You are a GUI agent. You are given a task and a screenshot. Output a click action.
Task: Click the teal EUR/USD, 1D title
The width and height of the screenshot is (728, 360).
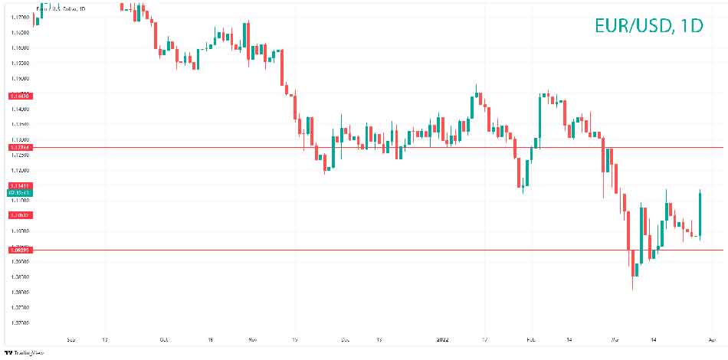tap(648, 25)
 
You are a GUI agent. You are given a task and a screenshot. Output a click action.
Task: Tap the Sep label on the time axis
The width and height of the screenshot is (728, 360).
tap(71, 338)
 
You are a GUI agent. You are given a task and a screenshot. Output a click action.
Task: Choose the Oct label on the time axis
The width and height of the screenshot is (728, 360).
tap(163, 338)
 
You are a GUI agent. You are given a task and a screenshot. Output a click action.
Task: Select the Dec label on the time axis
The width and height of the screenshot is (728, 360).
tap(344, 338)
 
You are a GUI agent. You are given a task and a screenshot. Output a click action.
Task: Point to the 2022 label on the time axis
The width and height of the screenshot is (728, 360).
tap(442, 338)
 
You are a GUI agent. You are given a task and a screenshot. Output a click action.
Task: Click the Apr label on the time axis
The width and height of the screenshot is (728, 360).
tap(713, 338)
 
